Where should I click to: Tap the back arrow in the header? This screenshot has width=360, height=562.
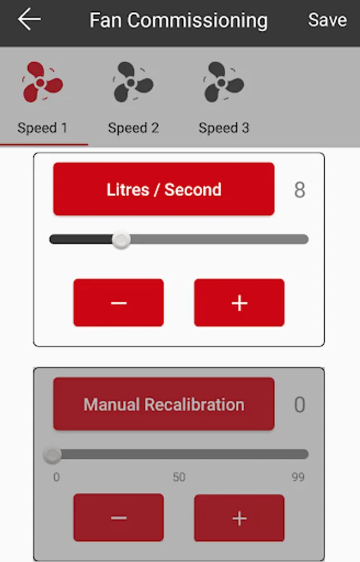click(29, 19)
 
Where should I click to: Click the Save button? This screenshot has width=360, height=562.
click(328, 20)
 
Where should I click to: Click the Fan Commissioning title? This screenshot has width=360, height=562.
click(178, 21)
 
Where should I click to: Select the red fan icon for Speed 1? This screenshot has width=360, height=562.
click(42, 82)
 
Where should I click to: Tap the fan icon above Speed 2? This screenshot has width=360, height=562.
click(133, 82)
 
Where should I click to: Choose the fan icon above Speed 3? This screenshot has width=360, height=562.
click(223, 82)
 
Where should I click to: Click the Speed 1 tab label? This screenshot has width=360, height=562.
click(42, 128)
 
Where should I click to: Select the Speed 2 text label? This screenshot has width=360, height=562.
click(134, 128)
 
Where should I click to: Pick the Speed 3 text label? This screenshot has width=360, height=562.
click(224, 128)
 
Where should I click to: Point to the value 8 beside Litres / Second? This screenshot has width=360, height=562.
click(300, 190)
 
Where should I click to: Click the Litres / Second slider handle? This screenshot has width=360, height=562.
click(121, 239)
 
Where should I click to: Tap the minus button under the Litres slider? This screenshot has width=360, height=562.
click(119, 303)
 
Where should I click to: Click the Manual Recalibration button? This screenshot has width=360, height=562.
click(163, 404)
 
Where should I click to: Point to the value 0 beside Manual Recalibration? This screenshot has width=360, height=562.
click(300, 405)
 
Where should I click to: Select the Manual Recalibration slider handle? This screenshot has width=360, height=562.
click(52, 455)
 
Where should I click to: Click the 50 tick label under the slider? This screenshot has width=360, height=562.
click(179, 477)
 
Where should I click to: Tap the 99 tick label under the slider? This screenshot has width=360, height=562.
click(298, 477)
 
